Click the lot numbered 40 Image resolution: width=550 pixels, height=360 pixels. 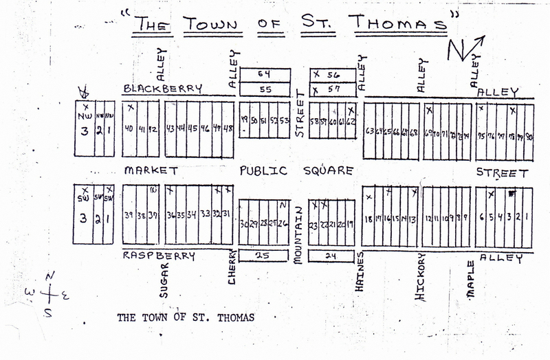click(129, 128)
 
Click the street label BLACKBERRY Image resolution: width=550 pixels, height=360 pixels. click(162, 89)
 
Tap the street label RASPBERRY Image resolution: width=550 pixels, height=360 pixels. click(159, 256)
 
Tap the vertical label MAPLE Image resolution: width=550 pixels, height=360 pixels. click(472, 278)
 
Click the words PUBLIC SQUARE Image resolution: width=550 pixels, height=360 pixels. click(296, 170)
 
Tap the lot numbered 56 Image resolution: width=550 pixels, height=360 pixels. click(333, 74)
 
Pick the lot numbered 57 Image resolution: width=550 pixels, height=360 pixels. click(333, 89)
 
